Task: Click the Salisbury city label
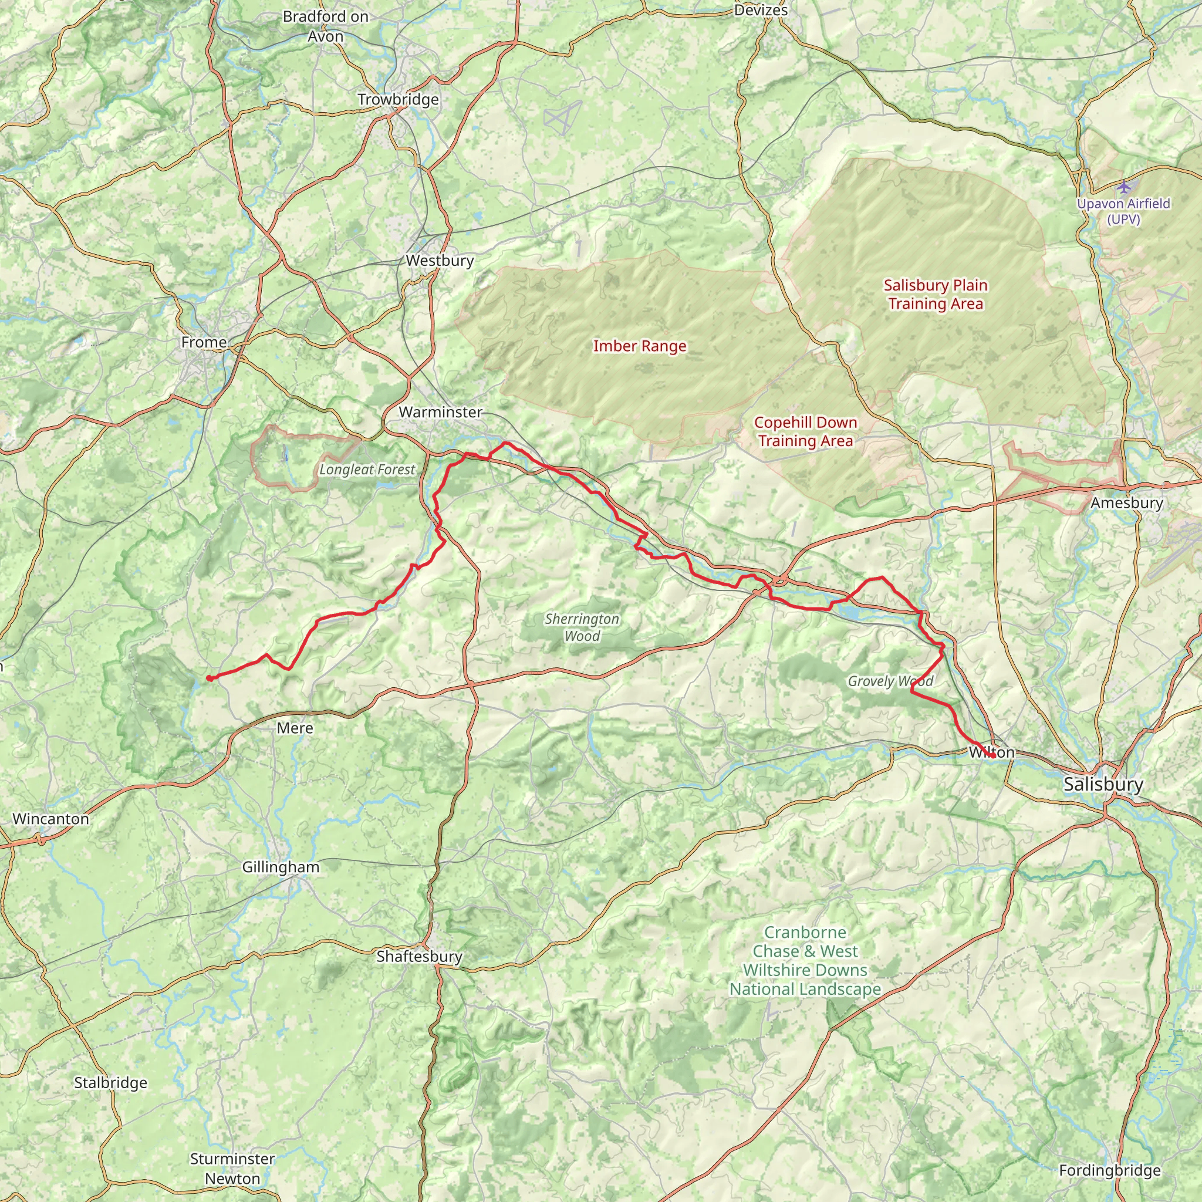[x=1103, y=784]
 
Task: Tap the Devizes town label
[x=761, y=11]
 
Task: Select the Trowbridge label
[x=398, y=100]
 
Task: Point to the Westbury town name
[x=440, y=260]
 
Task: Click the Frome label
[x=204, y=342]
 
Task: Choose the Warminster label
[x=441, y=412]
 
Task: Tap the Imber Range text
[x=640, y=346]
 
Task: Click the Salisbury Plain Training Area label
[x=936, y=294]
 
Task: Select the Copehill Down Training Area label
[x=806, y=431]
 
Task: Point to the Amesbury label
[x=1127, y=503]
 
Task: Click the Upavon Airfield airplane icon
[x=1123, y=186]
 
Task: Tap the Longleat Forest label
[x=367, y=470]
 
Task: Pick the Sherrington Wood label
[x=582, y=627]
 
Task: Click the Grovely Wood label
[x=890, y=681]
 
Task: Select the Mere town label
[x=295, y=728]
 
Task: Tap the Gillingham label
[x=281, y=867]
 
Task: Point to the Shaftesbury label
[x=419, y=956]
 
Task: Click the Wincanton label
[x=51, y=819]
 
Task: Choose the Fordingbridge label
[x=1110, y=1171]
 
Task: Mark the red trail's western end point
[x=209, y=678]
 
